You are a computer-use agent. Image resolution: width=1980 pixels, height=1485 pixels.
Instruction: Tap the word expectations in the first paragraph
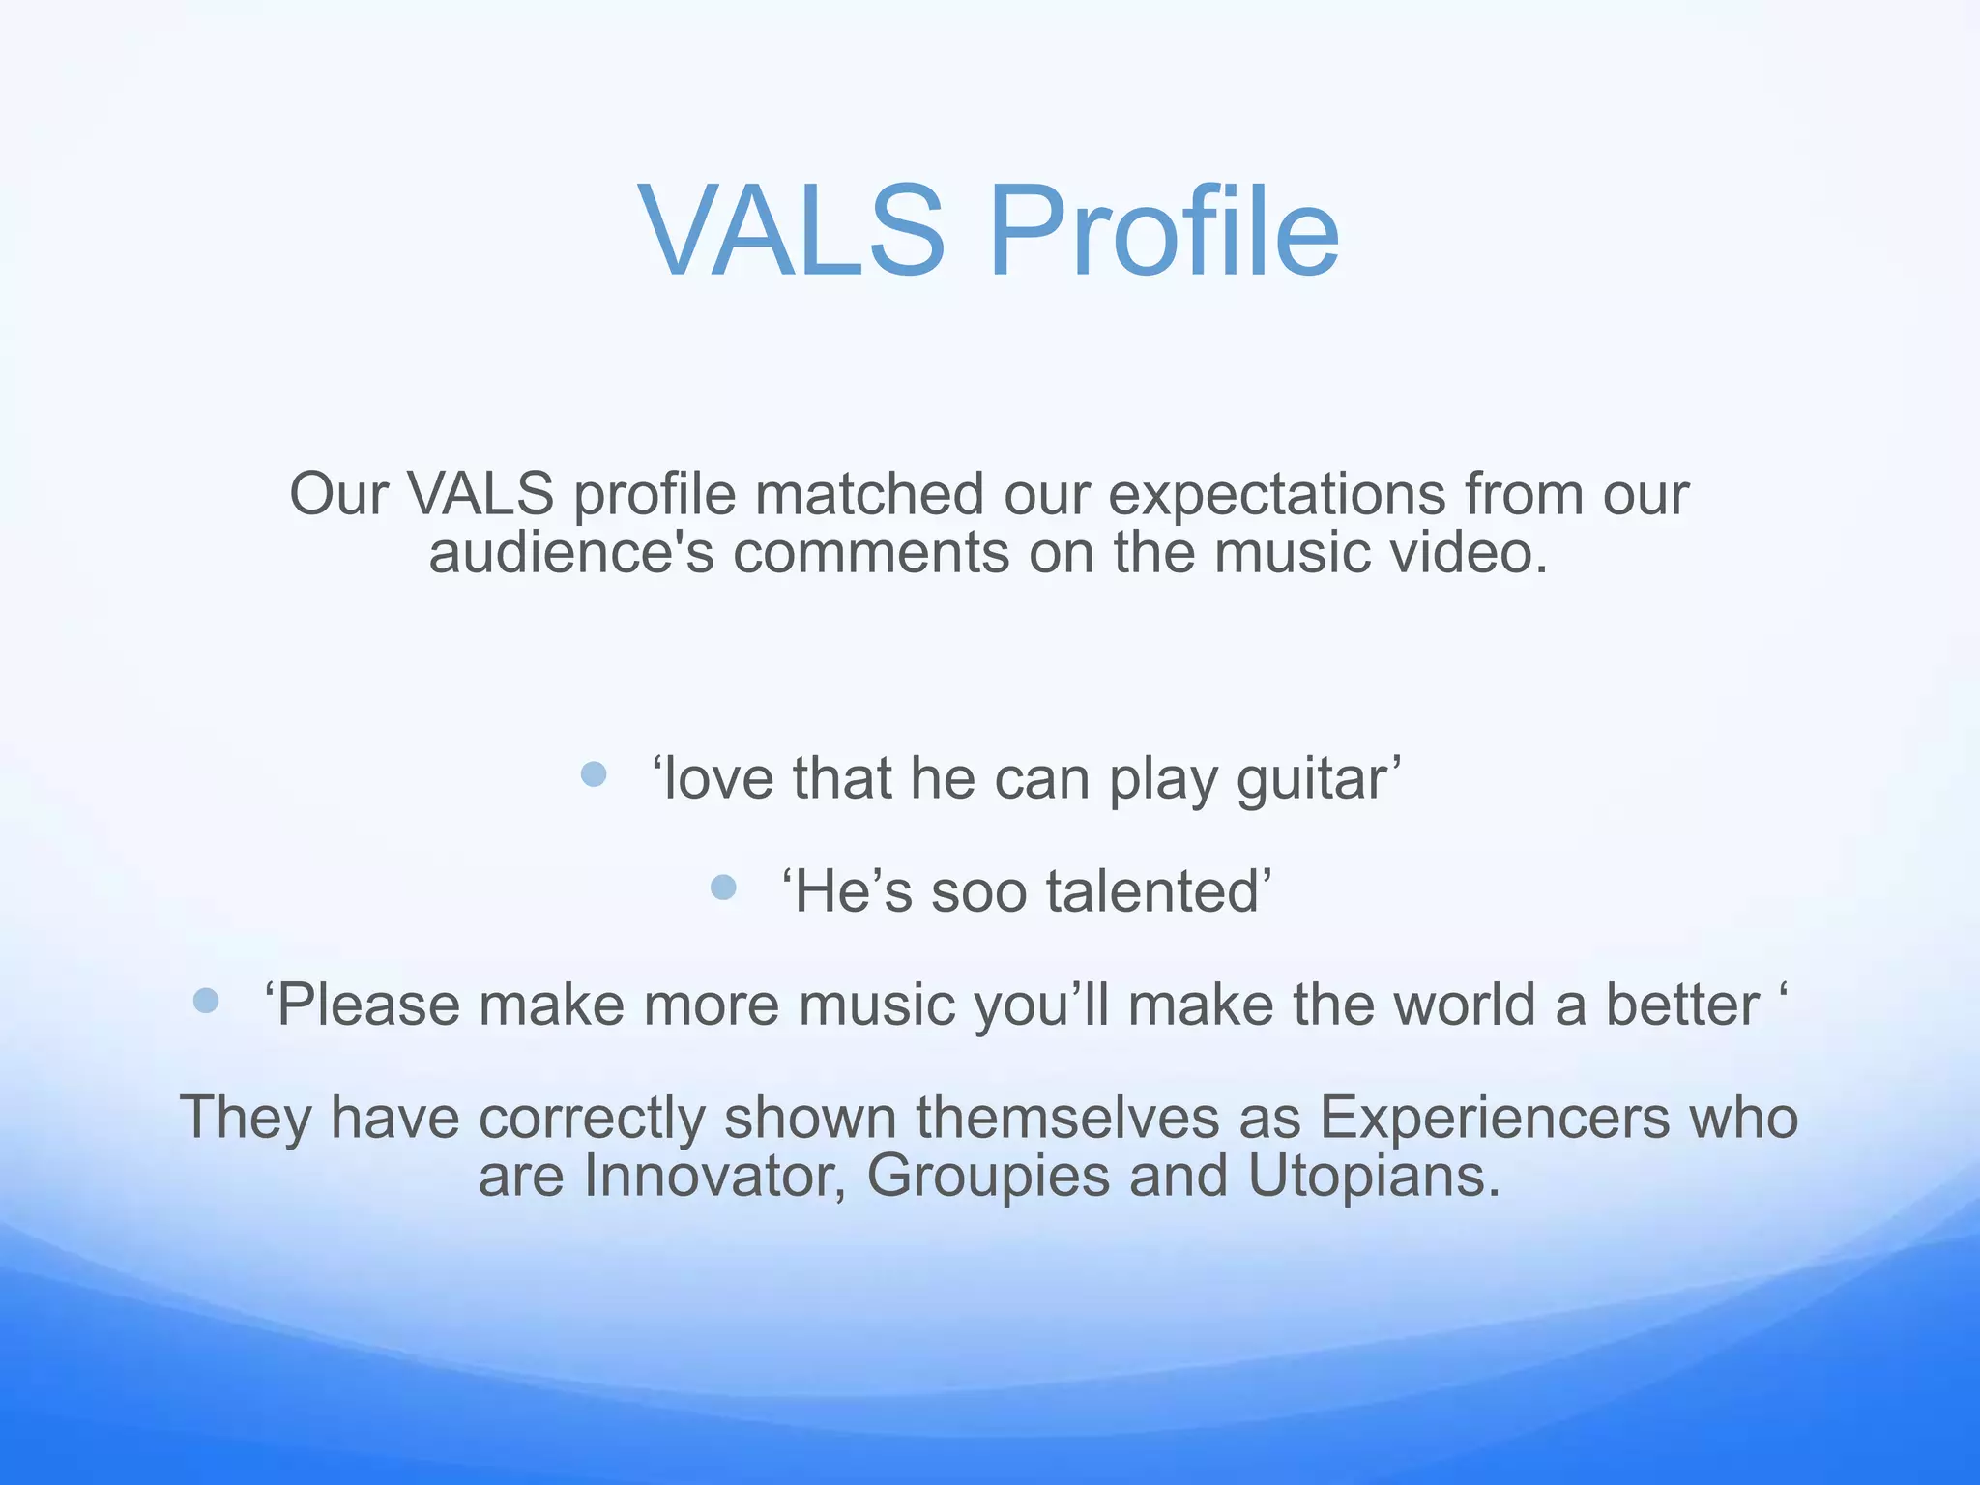coord(1276,494)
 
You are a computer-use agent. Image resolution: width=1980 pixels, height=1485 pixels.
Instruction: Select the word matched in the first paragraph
coord(869,494)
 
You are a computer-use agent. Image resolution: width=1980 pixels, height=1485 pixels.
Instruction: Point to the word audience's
coord(570,553)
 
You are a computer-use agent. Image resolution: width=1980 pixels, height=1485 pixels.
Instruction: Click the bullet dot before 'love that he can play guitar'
coord(594,773)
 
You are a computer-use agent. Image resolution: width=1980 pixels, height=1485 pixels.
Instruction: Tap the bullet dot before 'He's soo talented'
coord(723,887)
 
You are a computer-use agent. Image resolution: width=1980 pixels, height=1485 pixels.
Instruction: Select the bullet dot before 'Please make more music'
coord(206,1000)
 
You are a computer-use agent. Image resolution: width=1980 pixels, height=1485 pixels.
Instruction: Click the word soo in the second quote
coord(978,891)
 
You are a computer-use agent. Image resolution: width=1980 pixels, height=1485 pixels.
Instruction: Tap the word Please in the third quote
coord(366,1005)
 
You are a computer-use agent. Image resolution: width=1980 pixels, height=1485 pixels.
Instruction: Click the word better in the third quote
coord(1681,1005)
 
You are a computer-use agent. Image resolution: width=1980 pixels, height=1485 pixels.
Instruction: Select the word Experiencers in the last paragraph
coord(1494,1118)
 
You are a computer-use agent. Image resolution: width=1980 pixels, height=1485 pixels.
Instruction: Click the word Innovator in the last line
coord(714,1176)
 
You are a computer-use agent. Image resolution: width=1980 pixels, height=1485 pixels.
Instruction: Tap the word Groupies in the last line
coord(988,1176)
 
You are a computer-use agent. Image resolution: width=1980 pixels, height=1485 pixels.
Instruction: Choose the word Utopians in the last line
coord(1372,1176)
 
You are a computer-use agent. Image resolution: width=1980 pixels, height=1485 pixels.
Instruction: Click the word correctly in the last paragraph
coord(592,1118)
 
